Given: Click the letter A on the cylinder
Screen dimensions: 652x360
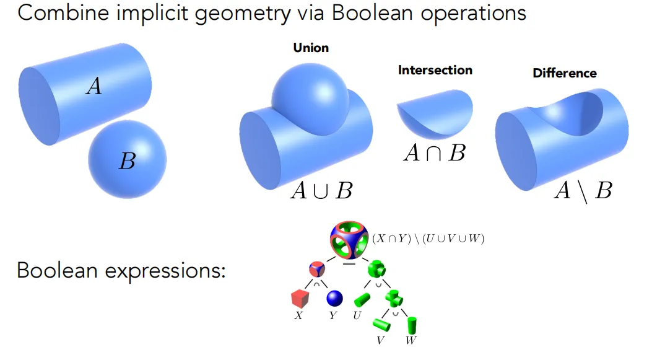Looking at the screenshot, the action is pos(94,86).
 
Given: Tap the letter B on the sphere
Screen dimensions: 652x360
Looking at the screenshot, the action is pos(127,161).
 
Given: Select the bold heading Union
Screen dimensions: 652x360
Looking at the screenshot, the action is pos(311,48).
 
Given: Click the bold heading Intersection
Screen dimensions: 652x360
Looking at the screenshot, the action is pos(435,70).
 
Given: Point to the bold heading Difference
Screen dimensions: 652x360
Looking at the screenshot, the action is pos(565,73).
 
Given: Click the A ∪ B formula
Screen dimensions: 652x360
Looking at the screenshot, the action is pos(321,191).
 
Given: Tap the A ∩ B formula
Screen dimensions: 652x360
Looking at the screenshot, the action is pos(435,152).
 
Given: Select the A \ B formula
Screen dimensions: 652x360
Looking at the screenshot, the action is pos(583,191).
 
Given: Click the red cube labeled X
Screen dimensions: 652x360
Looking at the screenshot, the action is pos(300,299).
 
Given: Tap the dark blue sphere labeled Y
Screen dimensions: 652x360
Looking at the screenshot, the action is pos(334,298).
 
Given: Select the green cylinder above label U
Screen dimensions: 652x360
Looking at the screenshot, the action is pos(362,300).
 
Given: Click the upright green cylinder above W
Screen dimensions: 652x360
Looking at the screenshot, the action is pos(412,325).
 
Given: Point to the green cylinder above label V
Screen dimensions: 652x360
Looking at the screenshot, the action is pos(381,325).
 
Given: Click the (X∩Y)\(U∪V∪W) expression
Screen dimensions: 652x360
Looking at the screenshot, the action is pos(428,239).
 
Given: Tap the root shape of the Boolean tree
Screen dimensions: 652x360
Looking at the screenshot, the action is pos(349,240).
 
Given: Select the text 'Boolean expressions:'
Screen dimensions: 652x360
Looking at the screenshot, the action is pos(121,271).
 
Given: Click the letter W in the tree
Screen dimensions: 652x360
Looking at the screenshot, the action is pos(411,340).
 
